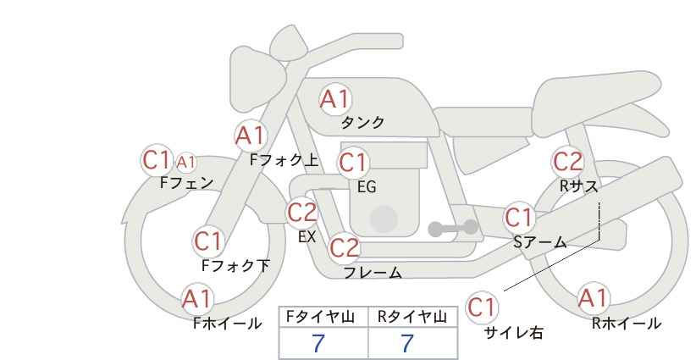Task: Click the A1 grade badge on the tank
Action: point(335,99)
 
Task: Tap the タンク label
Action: point(362,122)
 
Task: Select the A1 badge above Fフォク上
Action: point(251,136)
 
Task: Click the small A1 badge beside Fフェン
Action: point(186,163)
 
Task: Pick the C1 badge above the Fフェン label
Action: point(157,159)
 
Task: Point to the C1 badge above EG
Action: point(353,163)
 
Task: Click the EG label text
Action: point(367,187)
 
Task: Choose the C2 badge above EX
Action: point(302,213)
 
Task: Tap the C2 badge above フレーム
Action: point(345,247)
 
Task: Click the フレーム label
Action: point(373,273)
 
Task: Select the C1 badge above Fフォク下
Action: point(207,241)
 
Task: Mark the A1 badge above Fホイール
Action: point(197,299)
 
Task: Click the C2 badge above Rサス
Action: point(567,162)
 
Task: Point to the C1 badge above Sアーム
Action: point(519,218)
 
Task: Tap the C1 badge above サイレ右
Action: point(482,307)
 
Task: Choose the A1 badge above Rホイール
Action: point(593,298)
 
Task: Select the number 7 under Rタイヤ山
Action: point(407,343)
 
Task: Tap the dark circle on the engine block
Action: point(384,219)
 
